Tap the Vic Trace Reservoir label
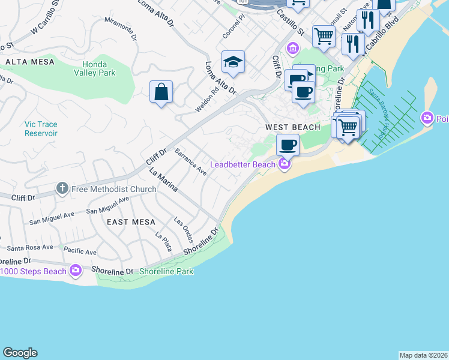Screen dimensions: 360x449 41,128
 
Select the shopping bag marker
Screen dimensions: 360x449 161,92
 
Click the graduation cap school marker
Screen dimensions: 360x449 233,62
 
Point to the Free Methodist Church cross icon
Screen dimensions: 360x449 62,189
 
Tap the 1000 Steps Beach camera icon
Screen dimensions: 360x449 76,271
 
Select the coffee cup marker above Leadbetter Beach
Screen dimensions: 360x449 288,145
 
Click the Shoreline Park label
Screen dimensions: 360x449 166,271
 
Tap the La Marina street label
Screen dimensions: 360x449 163,180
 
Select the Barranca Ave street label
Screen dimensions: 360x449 190,163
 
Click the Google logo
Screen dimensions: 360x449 20,353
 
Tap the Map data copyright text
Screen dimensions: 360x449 423,355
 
